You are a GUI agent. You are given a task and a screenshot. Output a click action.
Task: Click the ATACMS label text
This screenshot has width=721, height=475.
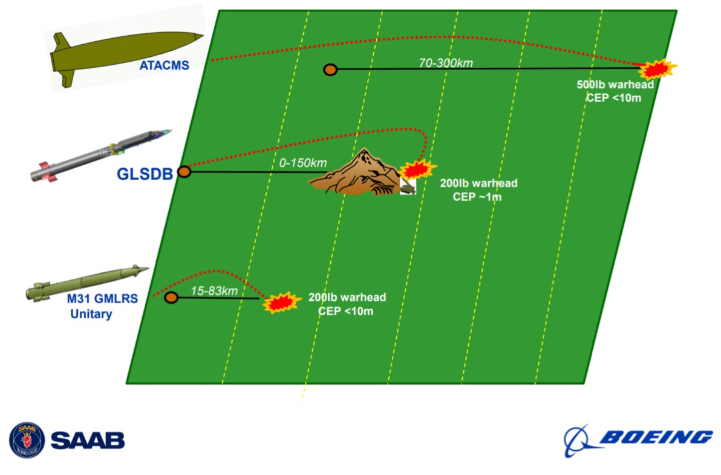coord(164,66)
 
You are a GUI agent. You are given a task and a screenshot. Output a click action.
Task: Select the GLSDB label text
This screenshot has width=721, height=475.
coord(145,174)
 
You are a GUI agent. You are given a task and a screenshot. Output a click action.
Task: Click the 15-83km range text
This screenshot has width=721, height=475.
coord(214,290)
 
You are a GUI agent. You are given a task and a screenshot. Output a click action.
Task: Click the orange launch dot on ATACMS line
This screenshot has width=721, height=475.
coord(330,70)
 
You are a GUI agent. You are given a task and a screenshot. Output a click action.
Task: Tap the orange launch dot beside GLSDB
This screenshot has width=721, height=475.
coord(184,172)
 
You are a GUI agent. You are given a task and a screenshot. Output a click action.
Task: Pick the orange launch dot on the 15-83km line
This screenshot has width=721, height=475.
coord(171,298)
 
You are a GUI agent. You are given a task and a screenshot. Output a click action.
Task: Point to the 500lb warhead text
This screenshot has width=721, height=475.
coord(615,85)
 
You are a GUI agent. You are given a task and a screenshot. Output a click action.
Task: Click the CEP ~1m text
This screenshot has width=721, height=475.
coord(478,197)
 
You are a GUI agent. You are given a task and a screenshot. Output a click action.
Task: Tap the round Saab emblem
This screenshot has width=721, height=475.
coord(27,439)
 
